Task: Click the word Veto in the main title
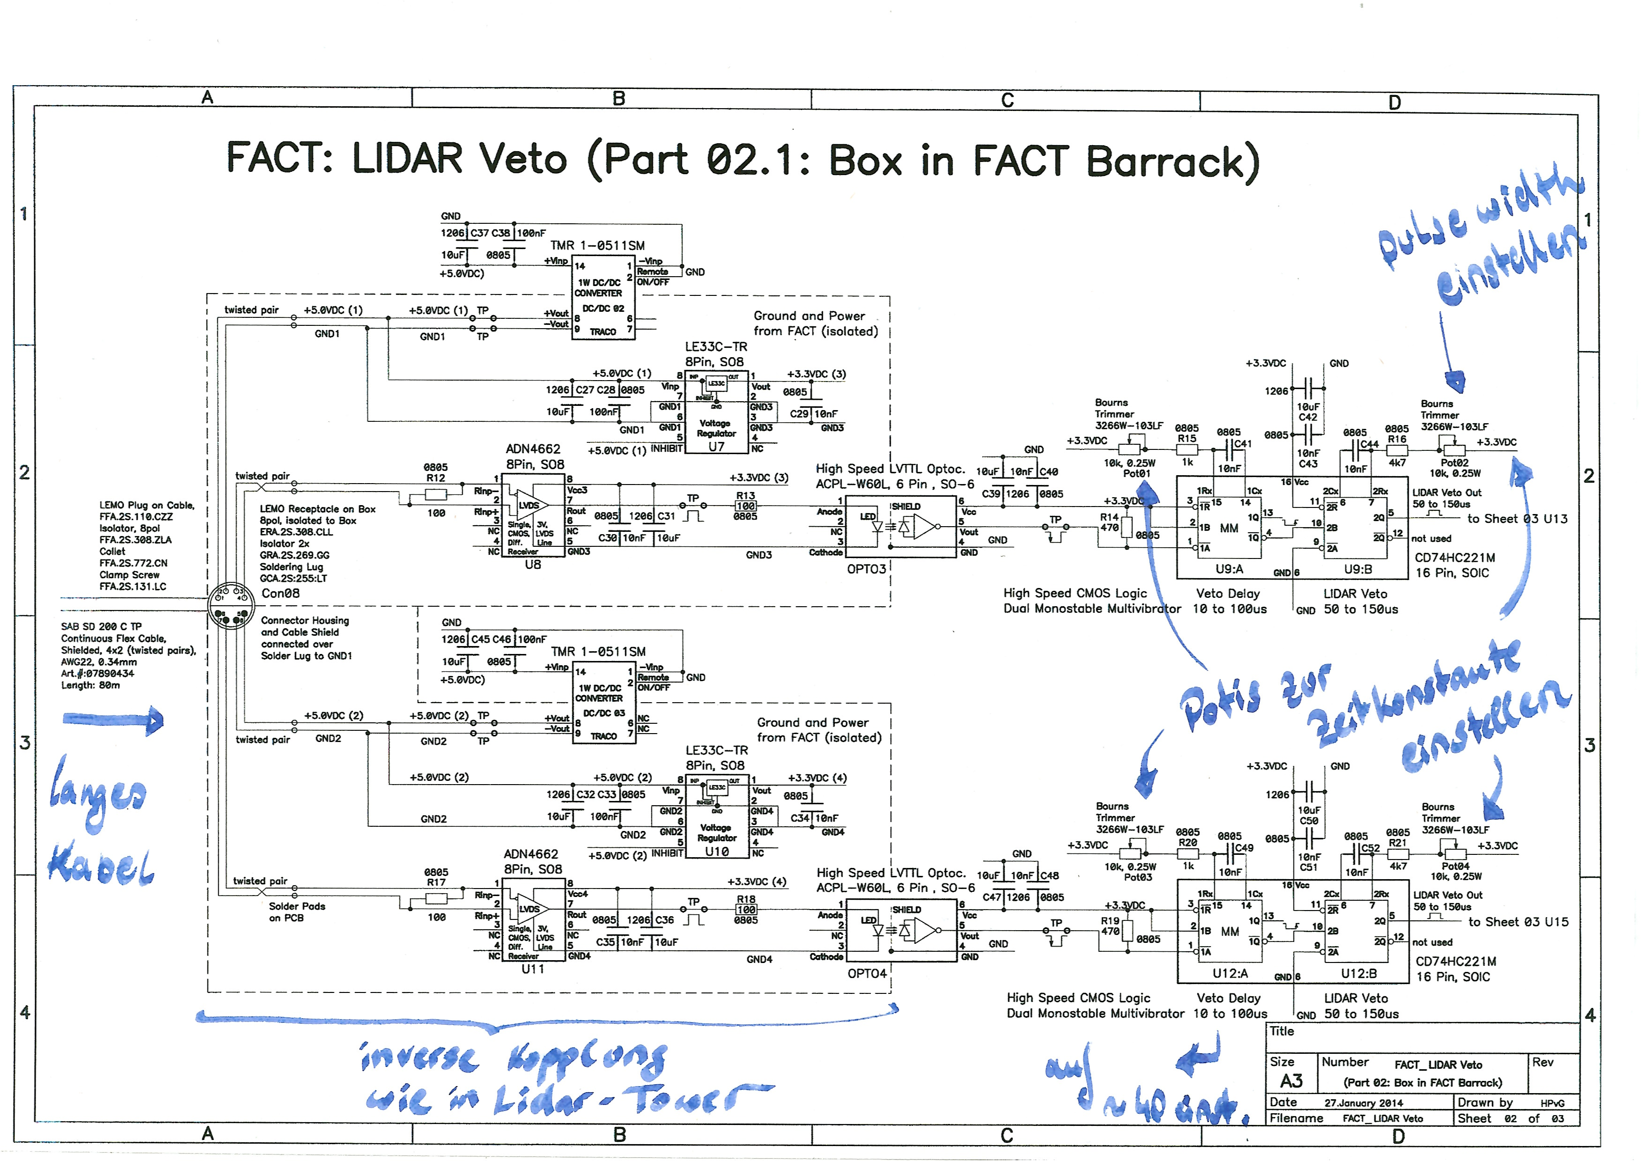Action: coord(523,159)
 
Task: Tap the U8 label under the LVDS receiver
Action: coord(532,565)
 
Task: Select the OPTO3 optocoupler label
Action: coord(866,569)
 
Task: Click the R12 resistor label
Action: coord(436,478)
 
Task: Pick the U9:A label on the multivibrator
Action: coord(1229,569)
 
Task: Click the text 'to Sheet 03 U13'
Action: coord(1517,519)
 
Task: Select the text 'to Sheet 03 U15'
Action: coord(1518,922)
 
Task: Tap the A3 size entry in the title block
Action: coord(1291,1081)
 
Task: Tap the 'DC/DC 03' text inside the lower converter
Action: coord(604,713)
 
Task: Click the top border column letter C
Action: coord(1007,100)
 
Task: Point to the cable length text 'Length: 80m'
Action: coord(90,685)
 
